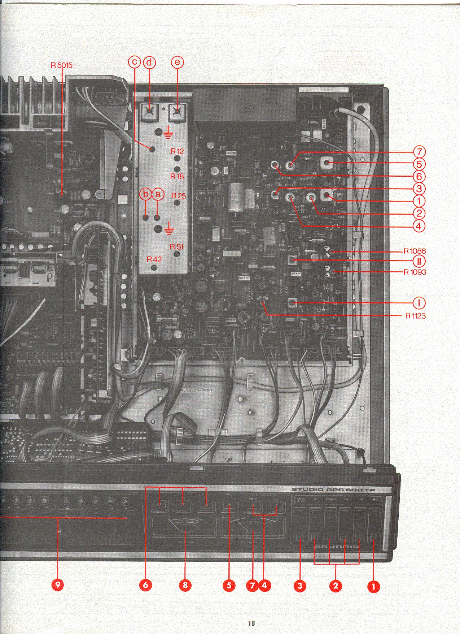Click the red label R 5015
(61, 65)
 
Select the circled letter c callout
(135, 62)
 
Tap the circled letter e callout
(177, 62)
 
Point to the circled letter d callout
(149, 62)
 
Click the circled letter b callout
(145, 194)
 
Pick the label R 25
(178, 196)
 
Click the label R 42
(154, 259)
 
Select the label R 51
(177, 247)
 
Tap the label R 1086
(415, 251)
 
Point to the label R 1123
(415, 316)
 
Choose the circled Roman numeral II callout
(419, 261)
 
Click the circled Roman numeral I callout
(419, 303)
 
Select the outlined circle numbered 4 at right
(419, 227)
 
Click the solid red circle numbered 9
(58, 585)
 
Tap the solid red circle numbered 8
(185, 585)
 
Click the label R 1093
(415, 272)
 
